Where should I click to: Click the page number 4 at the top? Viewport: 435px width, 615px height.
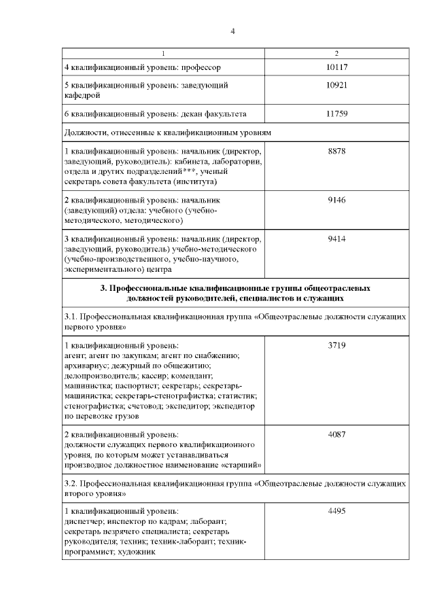(x=232, y=30)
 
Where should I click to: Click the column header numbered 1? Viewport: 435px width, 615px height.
(x=163, y=53)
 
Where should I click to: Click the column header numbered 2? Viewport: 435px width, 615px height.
(x=336, y=53)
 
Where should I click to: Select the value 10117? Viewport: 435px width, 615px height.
(x=336, y=67)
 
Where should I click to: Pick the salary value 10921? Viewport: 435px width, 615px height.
(x=336, y=86)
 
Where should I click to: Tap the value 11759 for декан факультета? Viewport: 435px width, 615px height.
(x=336, y=113)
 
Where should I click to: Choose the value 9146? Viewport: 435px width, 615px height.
(x=336, y=201)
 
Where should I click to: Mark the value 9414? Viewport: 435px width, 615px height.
(x=336, y=241)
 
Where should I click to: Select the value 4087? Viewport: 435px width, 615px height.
(x=336, y=434)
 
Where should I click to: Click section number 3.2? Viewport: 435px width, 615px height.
(x=71, y=486)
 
